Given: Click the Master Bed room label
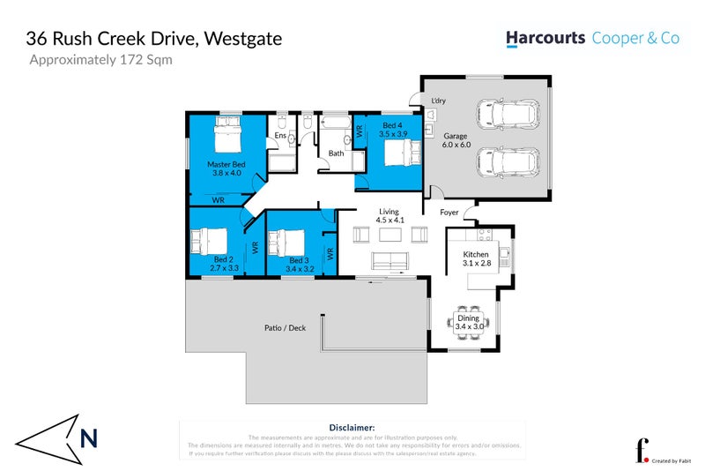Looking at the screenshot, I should [226, 164].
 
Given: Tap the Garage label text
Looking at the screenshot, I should [455, 137].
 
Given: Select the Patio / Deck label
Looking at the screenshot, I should [285, 327].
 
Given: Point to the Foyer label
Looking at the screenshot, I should [449, 212].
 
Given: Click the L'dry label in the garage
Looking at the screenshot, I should [438, 101].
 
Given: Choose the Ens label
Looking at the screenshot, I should [280, 135].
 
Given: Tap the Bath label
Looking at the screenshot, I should [336, 153].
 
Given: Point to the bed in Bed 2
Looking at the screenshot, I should [209, 240].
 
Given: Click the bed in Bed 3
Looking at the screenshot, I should [286, 241].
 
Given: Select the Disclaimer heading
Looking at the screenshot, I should [352, 426].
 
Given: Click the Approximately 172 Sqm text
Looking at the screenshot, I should [101, 61].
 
